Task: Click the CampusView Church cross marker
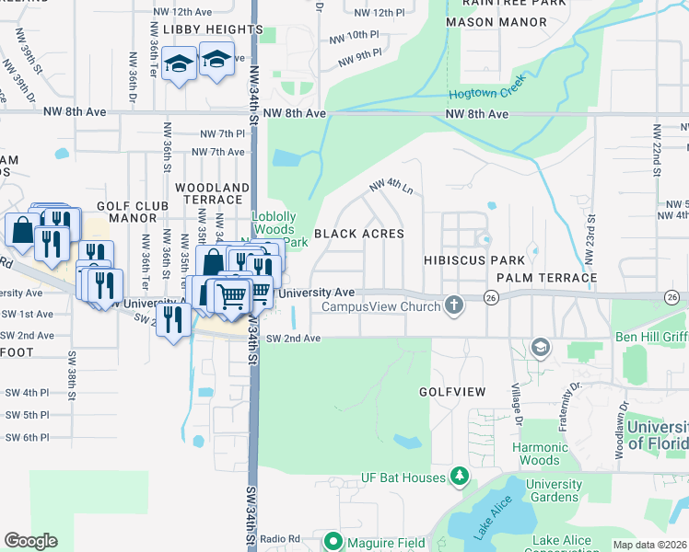(453, 305)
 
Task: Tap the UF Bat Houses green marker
(460, 476)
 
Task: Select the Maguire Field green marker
(334, 542)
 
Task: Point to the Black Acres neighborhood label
(359, 234)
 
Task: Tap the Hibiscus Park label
(473, 260)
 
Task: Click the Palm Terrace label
(546, 277)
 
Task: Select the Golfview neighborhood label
(452, 392)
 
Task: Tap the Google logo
(30, 541)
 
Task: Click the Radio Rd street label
(280, 538)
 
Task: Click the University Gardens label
(554, 490)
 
